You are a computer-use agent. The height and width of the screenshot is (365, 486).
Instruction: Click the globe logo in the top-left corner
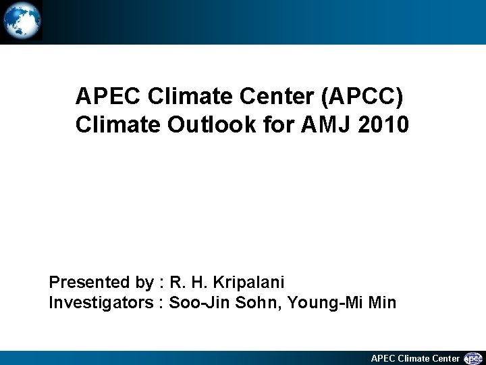click(22, 21)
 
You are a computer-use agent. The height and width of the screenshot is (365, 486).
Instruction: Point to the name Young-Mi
click(325, 302)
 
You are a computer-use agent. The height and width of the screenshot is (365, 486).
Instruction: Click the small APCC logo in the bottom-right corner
click(474, 358)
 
